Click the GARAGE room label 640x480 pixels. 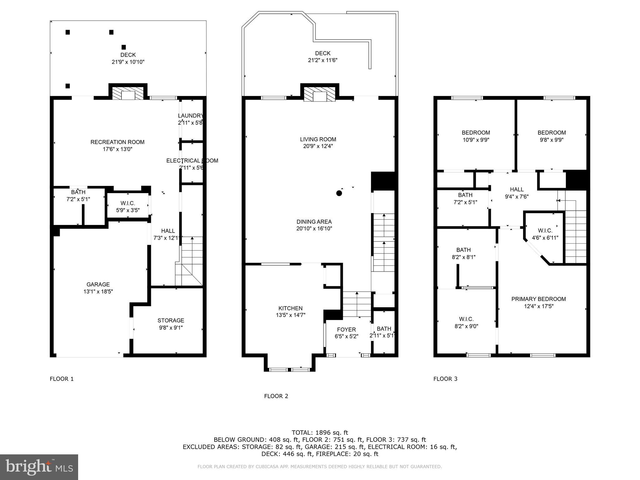[x=98, y=284]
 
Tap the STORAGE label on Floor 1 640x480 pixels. [x=171, y=320]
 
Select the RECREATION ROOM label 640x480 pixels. [x=117, y=142]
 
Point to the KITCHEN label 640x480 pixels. [x=290, y=308]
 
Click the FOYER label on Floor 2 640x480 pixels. [x=346, y=329]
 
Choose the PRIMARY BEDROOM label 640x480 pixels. [x=538, y=299]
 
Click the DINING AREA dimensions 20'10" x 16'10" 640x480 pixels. [x=314, y=229]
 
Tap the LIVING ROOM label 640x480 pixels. [x=318, y=139]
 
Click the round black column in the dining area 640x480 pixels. [x=339, y=193]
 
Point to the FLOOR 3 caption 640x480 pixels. [x=445, y=379]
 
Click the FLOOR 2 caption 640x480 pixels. [x=276, y=396]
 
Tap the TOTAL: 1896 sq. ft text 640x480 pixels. [x=320, y=432]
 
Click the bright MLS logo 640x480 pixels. [x=39, y=467]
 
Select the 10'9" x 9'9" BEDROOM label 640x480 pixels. [x=476, y=132]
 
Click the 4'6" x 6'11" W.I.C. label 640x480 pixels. [x=545, y=231]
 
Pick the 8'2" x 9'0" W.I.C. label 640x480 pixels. [x=466, y=319]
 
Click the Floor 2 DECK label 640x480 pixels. [x=322, y=53]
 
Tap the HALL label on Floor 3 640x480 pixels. [x=517, y=189]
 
